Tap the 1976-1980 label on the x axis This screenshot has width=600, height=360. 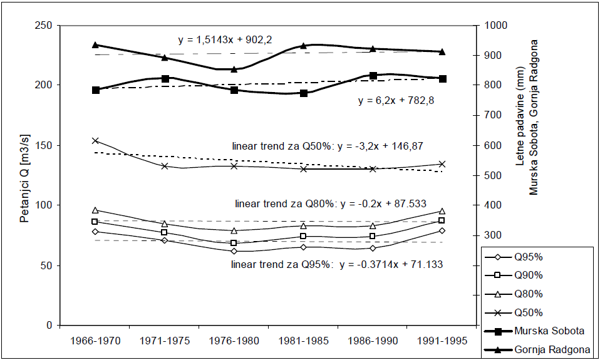coord(234,342)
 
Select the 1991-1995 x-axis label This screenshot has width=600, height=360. coord(442,342)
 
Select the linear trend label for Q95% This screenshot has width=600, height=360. coord(338,264)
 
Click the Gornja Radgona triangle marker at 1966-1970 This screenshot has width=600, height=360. coord(95,45)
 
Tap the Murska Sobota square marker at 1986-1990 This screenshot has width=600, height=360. coord(373,76)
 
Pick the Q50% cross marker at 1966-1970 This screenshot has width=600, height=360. coord(95,141)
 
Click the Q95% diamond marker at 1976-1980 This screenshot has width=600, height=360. coord(234,251)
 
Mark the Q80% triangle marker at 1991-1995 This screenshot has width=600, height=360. coord(442,211)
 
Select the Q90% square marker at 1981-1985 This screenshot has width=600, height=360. coord(303,236)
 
